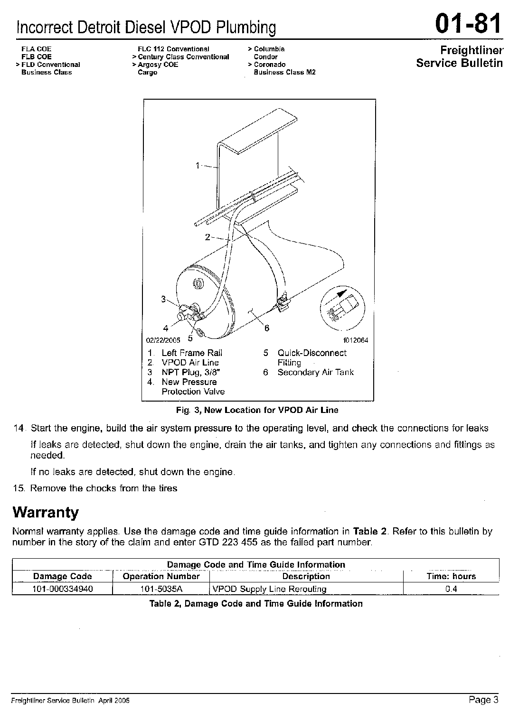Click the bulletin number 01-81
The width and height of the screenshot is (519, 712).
click(x=467, y=24)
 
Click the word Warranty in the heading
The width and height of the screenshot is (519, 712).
click(x=46, y=513)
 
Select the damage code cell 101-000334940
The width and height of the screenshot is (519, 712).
click(x=62, y=589)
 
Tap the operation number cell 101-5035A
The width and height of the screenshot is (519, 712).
click(x=161, y=589)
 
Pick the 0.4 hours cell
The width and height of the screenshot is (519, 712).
click(x=451, y=589)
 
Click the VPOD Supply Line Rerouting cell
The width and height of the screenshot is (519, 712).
click(x=270, y=589)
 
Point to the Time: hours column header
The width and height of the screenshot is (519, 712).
click(x=451, y=576)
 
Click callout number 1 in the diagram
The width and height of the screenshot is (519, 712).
click(x=198, y=165)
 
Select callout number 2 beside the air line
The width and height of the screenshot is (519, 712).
click(x=208, y=237)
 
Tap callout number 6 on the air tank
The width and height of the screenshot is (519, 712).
click(x=267, y=328)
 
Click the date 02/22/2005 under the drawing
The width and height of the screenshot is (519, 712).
click(x=163, y=340)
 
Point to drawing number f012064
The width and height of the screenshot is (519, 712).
click(x=356, y=340)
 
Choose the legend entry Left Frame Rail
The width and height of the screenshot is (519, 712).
click(x=192, y=353)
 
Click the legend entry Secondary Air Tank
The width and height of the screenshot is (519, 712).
click(x=315, y=372)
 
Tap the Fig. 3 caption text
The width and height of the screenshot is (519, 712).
click(x=257, y=410)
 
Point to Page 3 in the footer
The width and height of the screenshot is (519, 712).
click(x=483, y=699)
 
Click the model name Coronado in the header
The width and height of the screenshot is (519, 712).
click(x=270, y=65)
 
